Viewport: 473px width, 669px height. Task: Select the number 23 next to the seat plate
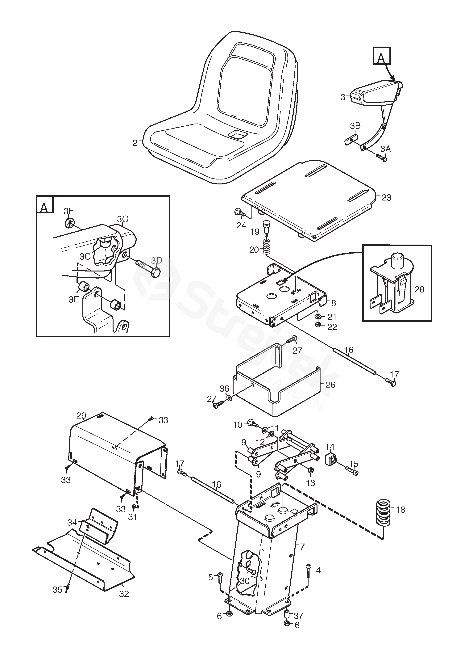[x=386, y=198]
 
